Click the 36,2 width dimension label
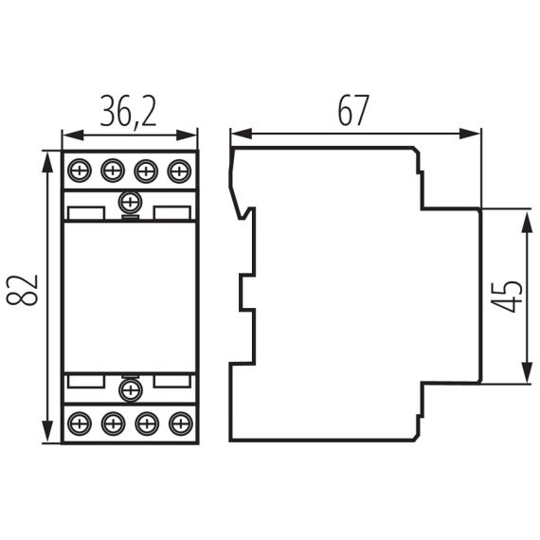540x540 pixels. (130, 114)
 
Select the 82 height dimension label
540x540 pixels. (27, 292)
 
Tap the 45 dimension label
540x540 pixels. (510, 296)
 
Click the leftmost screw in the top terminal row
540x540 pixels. (80, 171)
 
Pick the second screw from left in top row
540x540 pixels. (113, 171)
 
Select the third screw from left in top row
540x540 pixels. (146, 171)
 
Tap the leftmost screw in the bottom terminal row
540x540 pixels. (80, 422)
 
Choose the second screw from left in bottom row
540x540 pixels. (113, 422)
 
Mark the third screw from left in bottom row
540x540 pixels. (146, 422)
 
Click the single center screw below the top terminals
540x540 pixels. (130, 202)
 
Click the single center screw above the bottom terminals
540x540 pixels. (130, 390)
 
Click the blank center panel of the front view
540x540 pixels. (130, 296)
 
